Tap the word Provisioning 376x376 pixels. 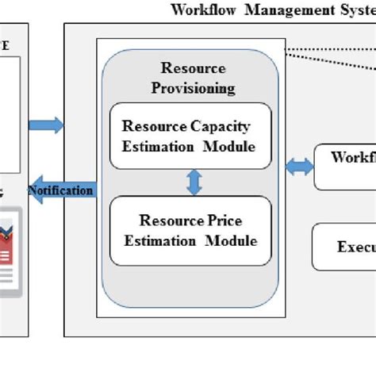click(193, 86)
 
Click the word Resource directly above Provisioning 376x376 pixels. click(193, 69)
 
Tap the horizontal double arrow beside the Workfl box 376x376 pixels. click(298, 167)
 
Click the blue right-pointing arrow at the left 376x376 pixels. click(46, 125)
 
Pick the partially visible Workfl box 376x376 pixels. click(345, 167)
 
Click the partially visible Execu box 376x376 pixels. click(345, 247)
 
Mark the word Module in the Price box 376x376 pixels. click(232, 240)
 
